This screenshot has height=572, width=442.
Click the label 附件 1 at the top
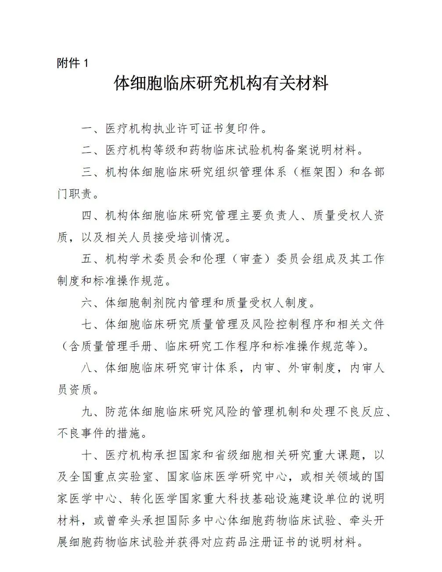click(73, 63)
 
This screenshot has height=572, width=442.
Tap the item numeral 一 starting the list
click(87, 129)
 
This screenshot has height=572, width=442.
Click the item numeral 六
click(87, 302)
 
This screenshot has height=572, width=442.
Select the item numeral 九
click(87, 411)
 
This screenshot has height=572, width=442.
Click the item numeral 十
click(87, 455)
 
